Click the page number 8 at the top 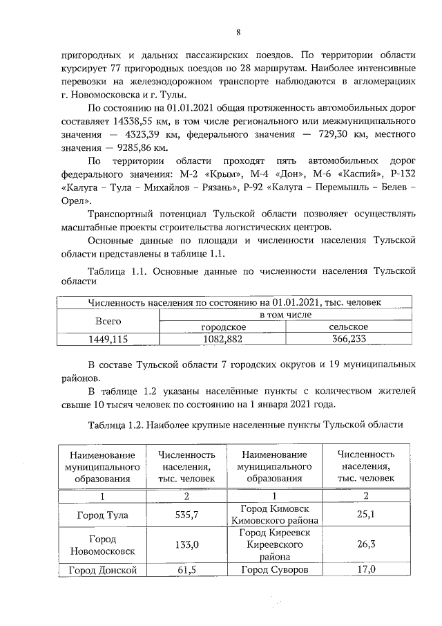237,33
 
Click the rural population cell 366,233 348,339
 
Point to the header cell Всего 107,321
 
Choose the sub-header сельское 348,326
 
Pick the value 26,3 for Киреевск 365,544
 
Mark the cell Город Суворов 273,569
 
